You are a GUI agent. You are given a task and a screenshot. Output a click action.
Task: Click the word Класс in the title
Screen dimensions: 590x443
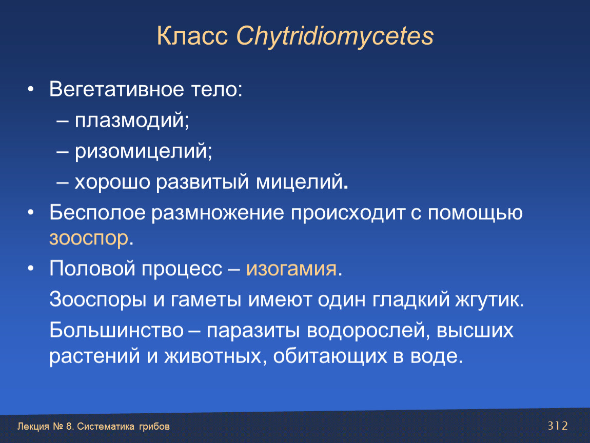[x=192, y=36]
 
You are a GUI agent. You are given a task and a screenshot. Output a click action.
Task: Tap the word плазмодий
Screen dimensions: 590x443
[x=129, y=121]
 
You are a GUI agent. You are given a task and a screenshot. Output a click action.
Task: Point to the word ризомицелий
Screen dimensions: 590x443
[x=141, y=152]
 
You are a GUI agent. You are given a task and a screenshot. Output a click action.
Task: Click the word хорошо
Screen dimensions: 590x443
[x=112, y=183]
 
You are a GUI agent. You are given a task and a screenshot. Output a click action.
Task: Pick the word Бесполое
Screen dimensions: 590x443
[x=97, y=212]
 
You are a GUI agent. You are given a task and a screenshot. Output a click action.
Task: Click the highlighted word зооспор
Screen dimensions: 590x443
[x=89, y=238]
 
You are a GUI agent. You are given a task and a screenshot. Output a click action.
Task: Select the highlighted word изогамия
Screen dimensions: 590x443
[x=291, y=269]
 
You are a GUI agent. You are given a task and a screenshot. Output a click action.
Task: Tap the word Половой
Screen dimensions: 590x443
[x=92, y=269]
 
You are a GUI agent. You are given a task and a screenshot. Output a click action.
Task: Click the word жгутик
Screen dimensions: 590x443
[x=486, y=300]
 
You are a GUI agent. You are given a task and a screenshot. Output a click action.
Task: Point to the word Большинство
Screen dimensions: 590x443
[x=116, y=331]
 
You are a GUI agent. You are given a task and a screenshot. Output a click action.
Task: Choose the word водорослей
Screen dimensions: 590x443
[x=365, y=331]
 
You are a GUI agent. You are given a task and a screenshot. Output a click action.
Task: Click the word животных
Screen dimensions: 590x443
[x=212, y=356]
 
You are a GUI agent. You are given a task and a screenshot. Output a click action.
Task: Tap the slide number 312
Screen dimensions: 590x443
[x=557, y=426]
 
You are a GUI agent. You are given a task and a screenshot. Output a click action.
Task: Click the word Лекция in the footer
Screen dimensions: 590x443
[x=33, y=427]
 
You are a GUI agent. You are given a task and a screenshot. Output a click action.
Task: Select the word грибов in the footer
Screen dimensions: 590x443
[x=154, y=427]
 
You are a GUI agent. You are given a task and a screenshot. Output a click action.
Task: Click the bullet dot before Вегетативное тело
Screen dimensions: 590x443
[x=31, y=90]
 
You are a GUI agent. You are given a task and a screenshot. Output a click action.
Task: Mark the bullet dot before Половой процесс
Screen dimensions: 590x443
[x=31, y=269]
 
